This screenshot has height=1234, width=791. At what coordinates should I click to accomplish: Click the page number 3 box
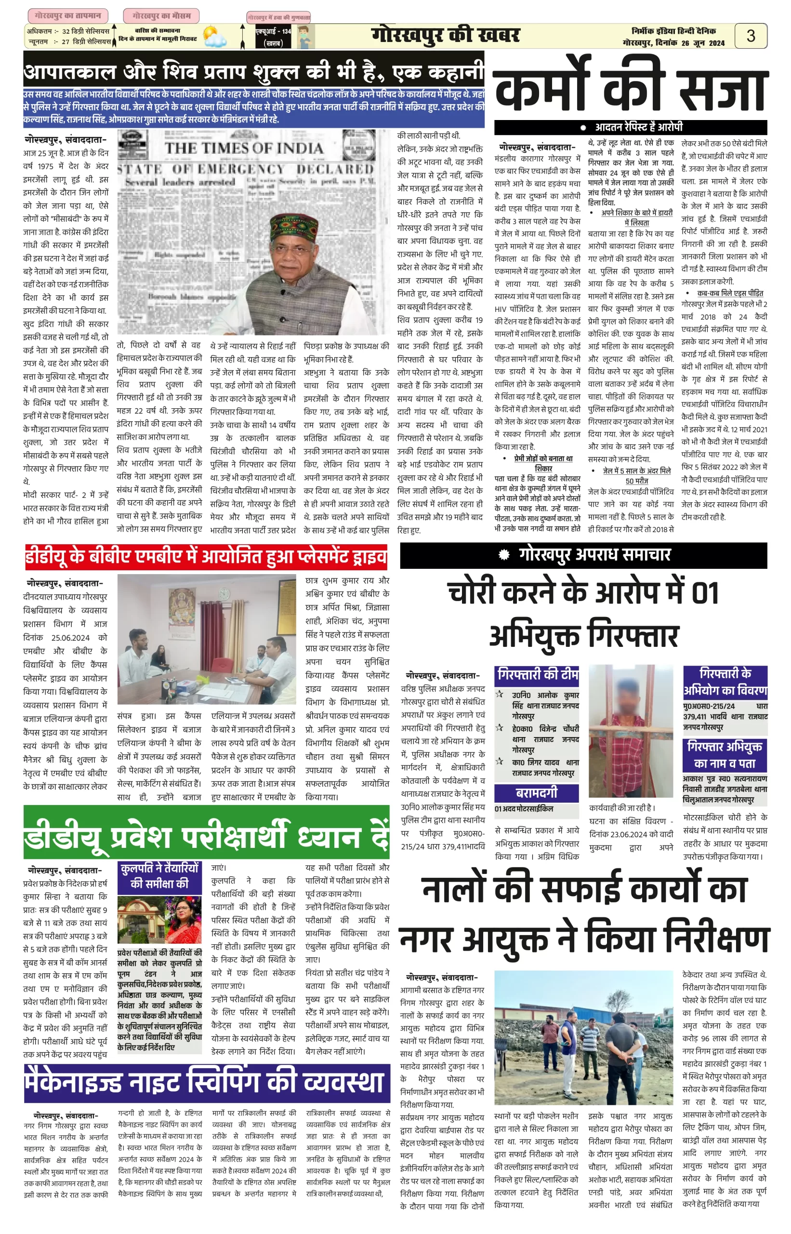(751, 36)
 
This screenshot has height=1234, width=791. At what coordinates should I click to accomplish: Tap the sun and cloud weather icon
(214, 37)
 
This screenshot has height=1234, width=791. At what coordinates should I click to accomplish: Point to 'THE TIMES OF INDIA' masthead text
(243, 148)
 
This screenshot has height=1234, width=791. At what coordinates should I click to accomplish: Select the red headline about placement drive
(206, 557)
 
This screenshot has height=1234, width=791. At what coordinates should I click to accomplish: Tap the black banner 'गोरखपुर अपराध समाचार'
(583, 555)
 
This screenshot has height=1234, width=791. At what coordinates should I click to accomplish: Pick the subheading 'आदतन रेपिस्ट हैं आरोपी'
(638, 127)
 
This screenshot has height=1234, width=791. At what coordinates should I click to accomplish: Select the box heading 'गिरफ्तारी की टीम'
(537, 675)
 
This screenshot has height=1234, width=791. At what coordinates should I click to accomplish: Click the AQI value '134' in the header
(286, 31)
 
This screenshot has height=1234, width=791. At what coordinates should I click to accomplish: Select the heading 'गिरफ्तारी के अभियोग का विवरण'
(725, 682)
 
